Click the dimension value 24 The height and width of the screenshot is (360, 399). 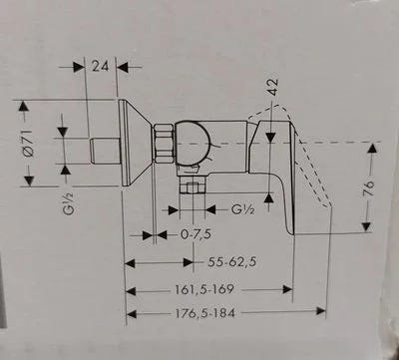100,66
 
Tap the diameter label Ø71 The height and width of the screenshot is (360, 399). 29,144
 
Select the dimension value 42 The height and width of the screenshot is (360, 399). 273,88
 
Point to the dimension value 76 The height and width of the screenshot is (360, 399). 369,188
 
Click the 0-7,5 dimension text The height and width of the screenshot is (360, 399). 196,234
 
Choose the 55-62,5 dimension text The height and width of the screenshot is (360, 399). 232,262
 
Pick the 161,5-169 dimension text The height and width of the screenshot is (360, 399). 204,289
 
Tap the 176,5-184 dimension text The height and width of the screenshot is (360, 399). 205,313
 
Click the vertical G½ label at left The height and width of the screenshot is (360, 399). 69,203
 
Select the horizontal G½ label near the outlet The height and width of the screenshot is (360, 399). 243,209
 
